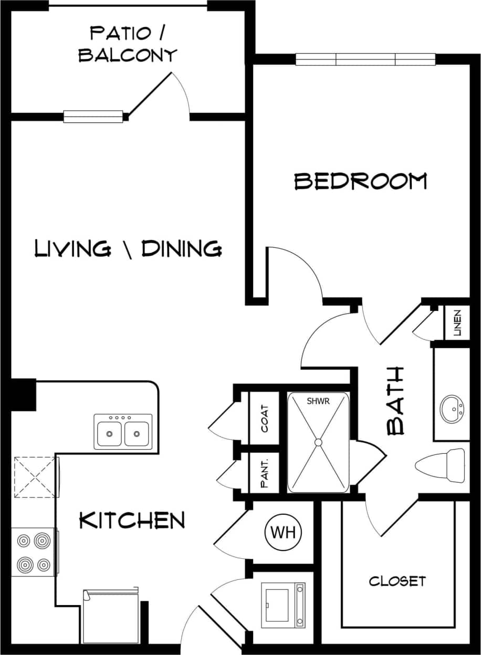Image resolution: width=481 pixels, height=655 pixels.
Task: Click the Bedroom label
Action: (x=360, y=181)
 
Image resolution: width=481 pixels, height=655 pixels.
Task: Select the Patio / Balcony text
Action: (x=128, y=44)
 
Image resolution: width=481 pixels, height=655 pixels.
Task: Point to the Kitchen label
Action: (x=132, y=521)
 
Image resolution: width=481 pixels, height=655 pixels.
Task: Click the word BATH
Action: (x=395, y=400)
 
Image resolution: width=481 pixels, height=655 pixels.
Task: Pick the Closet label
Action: (x=397, y=581)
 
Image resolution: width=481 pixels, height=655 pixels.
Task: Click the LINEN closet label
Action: (x=457, y=323)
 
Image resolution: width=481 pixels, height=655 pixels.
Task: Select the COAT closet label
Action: (x=265, y=418)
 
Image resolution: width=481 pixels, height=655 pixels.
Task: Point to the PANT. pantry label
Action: (x=265, y=473)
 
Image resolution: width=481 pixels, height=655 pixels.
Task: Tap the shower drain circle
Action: (x=318, y=442)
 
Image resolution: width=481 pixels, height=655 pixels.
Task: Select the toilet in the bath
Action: (x=441, y=465)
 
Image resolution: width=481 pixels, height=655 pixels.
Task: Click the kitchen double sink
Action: (x=123, y=432)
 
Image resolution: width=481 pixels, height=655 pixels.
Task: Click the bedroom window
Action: (x=365, y=60)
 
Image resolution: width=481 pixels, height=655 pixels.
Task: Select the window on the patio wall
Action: (x=93, y=117)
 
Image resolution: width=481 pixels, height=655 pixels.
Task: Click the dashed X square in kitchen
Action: (x=35, y=476)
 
